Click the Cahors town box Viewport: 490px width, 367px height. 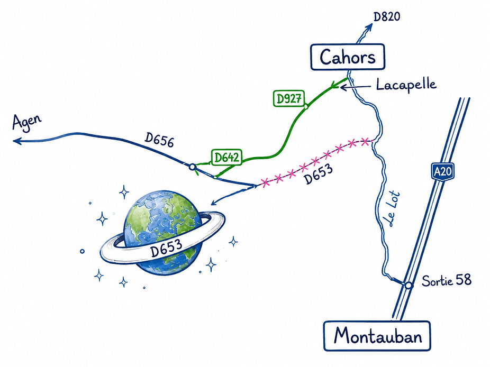coord(348,57)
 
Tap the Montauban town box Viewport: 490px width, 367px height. coord(377,336)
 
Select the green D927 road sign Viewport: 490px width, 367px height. coord(289,98)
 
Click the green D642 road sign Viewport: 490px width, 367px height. coord(227,157)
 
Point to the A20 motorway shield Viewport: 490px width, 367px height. coord(443,171)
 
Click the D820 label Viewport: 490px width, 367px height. coord(387,16)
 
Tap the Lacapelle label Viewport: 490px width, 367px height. coord(406,85)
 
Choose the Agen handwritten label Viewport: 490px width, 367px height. coord(26,122)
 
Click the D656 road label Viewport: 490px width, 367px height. coord(159,140)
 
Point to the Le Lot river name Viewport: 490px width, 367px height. coord(393,208)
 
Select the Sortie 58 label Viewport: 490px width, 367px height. coord(447,280)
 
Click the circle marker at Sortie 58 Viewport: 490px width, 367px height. coord(408,285)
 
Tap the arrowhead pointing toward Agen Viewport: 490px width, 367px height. coord(17,141)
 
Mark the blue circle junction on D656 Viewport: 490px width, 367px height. coord(193,167)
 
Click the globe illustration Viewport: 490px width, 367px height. coord(163,233)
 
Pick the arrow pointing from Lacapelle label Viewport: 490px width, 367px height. coord(355,87)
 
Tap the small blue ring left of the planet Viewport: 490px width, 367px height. coord(82,251)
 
